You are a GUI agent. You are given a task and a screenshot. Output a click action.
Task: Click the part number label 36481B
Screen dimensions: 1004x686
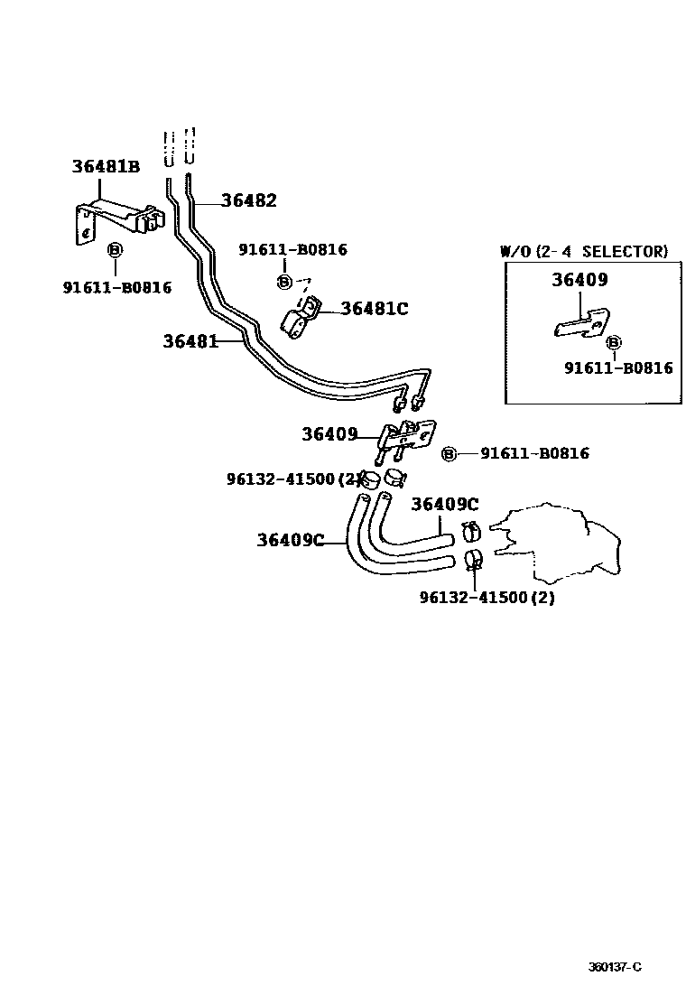coord(106,166)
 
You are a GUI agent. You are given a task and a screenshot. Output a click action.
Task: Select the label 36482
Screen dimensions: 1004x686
coord(248,201)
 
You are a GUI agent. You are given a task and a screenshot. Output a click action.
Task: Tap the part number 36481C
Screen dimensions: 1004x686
coord(374,310)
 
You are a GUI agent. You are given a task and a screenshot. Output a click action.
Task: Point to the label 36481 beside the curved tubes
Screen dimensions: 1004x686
coord(190,341)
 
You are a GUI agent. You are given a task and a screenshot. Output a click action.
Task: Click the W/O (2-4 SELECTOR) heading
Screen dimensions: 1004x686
coord(584,251)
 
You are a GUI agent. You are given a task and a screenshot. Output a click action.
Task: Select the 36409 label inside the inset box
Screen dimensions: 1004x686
coord(579,280)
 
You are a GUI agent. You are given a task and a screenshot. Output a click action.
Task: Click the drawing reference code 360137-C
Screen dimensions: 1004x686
coord(615,967)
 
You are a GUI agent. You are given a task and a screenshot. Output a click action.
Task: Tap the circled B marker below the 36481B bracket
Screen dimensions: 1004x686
coord(115,250)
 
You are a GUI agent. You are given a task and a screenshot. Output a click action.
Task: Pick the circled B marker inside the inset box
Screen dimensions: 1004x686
coord(614,343)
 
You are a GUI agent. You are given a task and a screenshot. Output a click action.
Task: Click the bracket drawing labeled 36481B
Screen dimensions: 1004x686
coord(115,221)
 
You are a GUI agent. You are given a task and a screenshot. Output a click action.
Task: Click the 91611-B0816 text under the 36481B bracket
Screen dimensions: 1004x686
coord(116,287)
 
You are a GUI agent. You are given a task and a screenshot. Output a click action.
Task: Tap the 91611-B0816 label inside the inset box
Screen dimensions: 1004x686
coord(618,367)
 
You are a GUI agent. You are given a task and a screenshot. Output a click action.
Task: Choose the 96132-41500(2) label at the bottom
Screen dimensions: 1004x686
coord(487,598)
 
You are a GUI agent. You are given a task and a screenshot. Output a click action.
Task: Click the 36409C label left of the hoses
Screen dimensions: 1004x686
coord(289,540)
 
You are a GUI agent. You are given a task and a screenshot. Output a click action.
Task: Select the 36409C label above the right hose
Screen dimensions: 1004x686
coord(444,504)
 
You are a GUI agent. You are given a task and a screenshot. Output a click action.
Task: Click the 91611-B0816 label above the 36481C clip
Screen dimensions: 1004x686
coord(292,250)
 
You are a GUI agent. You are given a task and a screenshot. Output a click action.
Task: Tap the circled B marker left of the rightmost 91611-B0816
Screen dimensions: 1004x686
coord(450,454)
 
